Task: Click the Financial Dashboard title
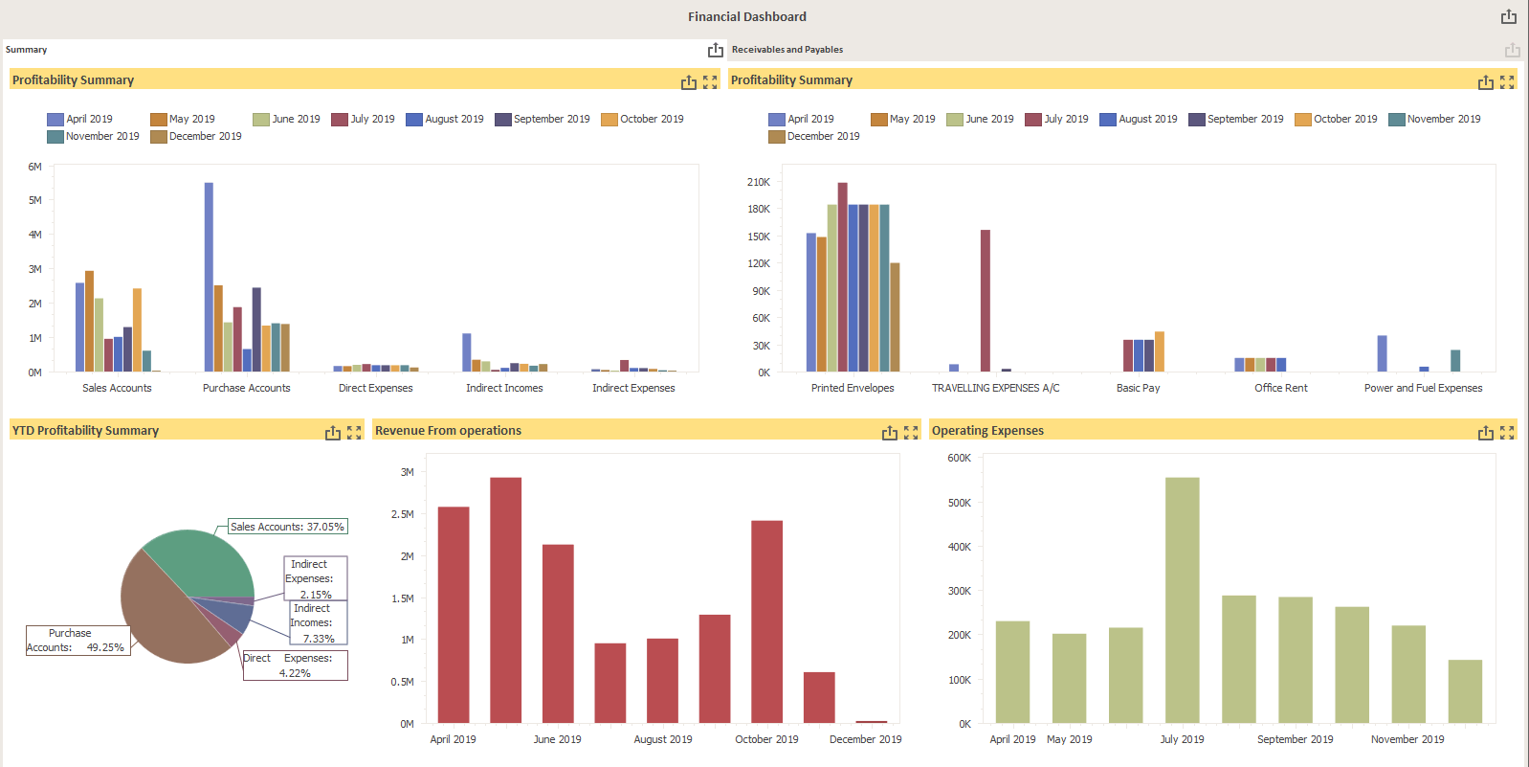point(746,16)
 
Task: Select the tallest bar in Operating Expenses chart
point(1182,599)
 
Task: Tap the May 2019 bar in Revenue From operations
point(505,599)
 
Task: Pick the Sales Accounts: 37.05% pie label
point(287,527)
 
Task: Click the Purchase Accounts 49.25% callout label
point(76,641)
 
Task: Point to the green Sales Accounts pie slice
point(201,565)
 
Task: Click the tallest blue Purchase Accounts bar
point(209,277)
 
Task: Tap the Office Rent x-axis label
point(1280,388)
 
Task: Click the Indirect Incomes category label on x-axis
point(504,388)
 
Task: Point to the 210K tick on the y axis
point(759,182)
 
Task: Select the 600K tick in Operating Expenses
point(959,458)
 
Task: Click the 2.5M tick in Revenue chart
point(402,514)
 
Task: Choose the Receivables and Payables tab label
point(787,50)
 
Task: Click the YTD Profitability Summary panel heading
point(86,431)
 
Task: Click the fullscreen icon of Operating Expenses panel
point(1507,432)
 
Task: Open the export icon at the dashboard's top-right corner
point(1508,16)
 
